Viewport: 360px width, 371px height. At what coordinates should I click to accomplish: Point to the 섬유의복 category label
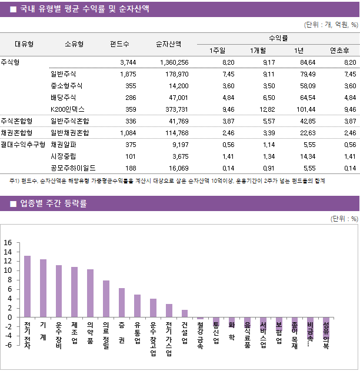click(x=326, y=335)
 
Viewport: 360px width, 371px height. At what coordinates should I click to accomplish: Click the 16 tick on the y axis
click(x=8, y=243)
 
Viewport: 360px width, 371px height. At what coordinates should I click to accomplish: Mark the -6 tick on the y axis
click(x=8, y=345)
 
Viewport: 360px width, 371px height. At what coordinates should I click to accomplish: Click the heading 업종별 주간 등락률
click(x=54, y=204)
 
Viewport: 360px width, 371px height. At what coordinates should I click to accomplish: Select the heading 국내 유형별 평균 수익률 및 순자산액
click(x=84, y=9)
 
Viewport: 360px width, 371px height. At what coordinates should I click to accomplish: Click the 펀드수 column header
click(x=120, y=44)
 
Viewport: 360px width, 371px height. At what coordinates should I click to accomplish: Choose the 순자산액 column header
click(x=168, y=44)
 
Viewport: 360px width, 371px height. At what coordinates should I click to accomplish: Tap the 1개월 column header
click(x=258, y=51)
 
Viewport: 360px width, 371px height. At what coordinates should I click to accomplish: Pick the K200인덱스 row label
click(x=68, y=109)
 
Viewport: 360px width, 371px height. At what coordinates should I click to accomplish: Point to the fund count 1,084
click(x=128, y=132)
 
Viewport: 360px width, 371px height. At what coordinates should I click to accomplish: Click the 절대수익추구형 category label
click(x=23, y=144)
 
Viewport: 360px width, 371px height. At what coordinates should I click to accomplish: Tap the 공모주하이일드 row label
click(x=74, y=168)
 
